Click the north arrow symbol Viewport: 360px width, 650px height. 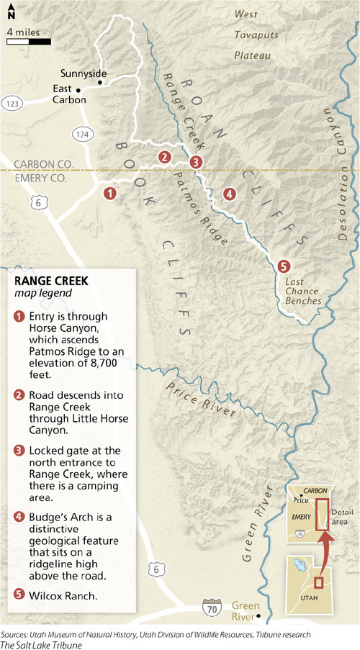coord(11,11)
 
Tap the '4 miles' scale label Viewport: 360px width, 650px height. coord(24,32)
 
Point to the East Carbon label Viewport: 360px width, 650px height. coord(69,94)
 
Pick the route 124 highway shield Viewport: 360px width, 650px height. coord(78,134)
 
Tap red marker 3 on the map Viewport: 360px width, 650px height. coord(195,162)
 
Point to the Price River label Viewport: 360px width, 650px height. coord(202,398)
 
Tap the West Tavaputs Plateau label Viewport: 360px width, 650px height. coord(252,35)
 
